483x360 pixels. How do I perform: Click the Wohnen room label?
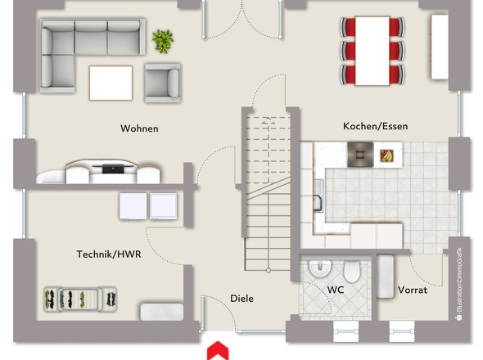click(x=139, y=128)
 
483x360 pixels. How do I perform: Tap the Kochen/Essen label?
click(x=375, y=126)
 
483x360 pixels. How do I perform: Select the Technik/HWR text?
click(x=109, y=254)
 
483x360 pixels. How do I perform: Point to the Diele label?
click(x=241, y=299)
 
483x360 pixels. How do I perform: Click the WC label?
click(x=336, y=290)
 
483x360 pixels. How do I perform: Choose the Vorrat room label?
click(x=413, y=290)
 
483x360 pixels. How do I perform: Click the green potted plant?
click(x=163, y=41)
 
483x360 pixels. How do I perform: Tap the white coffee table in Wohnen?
click(x=111, y=83)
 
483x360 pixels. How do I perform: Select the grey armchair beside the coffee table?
click(x=162, y=83)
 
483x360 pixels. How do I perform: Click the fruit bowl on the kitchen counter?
click(x=386, y=155)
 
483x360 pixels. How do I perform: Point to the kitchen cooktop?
click(x=360, y=155)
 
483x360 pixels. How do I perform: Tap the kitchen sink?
click(x=318, y=196)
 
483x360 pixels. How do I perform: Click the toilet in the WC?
click(x=352, y=272)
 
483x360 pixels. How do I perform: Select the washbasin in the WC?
click(x=320, y=268)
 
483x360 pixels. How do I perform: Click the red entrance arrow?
click(x=218, y=350)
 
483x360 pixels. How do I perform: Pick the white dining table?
click(x=372, y=51)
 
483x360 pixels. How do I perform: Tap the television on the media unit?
click(x=113, y=169)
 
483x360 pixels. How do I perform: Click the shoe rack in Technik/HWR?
click(x=80, y=299)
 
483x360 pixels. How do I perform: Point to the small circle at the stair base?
click(x=269, y=270)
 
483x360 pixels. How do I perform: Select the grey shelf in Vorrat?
click(x=386, y=277)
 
